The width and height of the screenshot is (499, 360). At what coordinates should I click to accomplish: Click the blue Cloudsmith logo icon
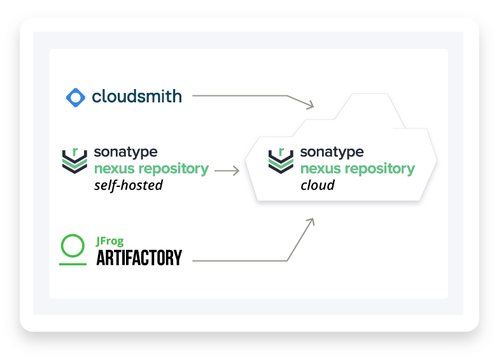pos(76,97)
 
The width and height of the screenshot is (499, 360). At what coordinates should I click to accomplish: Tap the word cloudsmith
pos(137,96)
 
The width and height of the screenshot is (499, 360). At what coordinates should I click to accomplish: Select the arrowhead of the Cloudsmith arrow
pos(311,104)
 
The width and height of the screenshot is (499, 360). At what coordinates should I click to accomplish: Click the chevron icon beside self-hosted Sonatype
pos(74,160)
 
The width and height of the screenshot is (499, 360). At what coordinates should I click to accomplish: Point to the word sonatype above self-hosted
pos(125,153)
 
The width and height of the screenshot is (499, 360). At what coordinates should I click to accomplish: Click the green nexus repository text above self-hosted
pos(151,169)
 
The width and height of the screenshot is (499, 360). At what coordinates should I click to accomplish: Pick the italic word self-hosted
pos(128,186)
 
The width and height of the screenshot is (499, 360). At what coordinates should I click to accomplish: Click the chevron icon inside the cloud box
pos(281,160)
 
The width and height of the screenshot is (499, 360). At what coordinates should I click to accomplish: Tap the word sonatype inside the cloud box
pos(332,153)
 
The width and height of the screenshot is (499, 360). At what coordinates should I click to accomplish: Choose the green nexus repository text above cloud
pos(358,169)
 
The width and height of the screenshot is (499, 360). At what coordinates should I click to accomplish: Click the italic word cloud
pos(317,186)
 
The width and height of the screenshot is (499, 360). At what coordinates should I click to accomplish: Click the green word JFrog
pos(109,241)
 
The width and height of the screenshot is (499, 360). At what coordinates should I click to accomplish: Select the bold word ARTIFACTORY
pos(139,258)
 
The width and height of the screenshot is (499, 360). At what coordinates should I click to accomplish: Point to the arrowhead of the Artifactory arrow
pos(311,221)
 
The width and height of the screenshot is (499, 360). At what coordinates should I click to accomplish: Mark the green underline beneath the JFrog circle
pos(73,262)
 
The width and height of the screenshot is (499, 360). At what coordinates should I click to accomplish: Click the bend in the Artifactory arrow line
pos(287,260)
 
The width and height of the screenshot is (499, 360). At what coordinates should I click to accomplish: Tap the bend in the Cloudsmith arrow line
pos(287,96)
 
